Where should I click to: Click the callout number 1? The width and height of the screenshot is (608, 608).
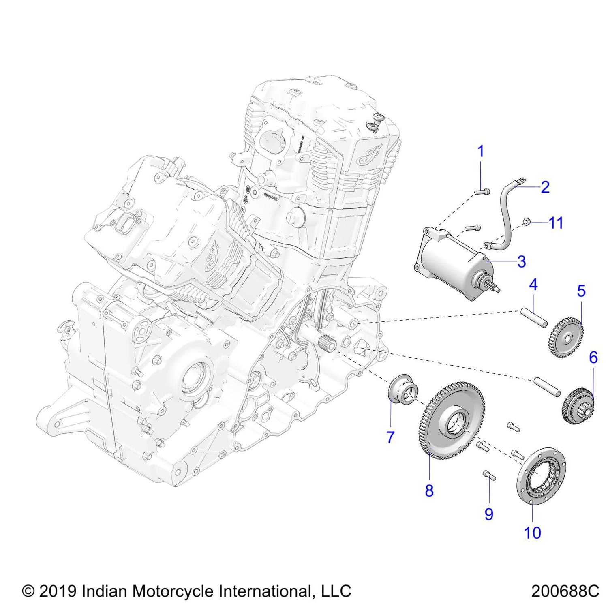tap(481, 152)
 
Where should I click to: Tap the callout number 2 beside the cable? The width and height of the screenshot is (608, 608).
tap(545, 187)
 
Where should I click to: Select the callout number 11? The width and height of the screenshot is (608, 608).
tap(556, 223)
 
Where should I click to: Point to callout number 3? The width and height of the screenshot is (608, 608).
tap(522, 261)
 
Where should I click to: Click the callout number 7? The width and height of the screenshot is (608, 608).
tap(390, 437)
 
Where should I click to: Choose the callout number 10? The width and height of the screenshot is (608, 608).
tap(533, 533)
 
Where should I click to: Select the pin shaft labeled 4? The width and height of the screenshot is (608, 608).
tap(534, 317)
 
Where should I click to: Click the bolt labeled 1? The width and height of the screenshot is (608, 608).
tap(482, 191)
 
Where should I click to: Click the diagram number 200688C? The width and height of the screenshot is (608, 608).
tap(565, 591)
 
